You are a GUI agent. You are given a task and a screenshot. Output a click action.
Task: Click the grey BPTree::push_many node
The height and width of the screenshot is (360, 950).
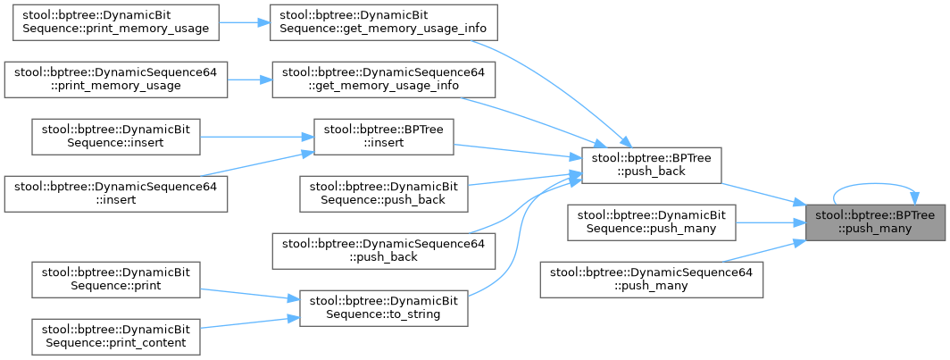(875, 222)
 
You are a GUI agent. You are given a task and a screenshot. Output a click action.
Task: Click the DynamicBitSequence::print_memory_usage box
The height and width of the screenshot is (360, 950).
(114, 21)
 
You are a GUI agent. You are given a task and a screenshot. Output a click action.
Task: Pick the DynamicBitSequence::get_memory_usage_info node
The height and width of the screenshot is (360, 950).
(383, 21)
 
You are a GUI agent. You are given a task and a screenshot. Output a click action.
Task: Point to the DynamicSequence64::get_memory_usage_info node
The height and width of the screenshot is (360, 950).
(383, 78)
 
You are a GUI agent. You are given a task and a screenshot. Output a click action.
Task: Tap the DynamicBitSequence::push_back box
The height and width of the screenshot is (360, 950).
(384, 193)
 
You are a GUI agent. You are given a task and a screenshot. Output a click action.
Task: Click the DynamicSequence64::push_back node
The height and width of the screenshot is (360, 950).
(383, 250)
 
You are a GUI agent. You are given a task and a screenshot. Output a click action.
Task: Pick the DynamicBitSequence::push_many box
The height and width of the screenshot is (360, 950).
(651, 222)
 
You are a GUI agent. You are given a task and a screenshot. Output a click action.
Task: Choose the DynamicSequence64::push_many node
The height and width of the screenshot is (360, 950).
(651, 279)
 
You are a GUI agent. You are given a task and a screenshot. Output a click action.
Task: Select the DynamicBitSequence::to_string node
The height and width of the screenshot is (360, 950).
(383, 306)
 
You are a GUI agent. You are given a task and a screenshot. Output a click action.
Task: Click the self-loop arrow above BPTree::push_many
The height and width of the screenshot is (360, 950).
(875, 186)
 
